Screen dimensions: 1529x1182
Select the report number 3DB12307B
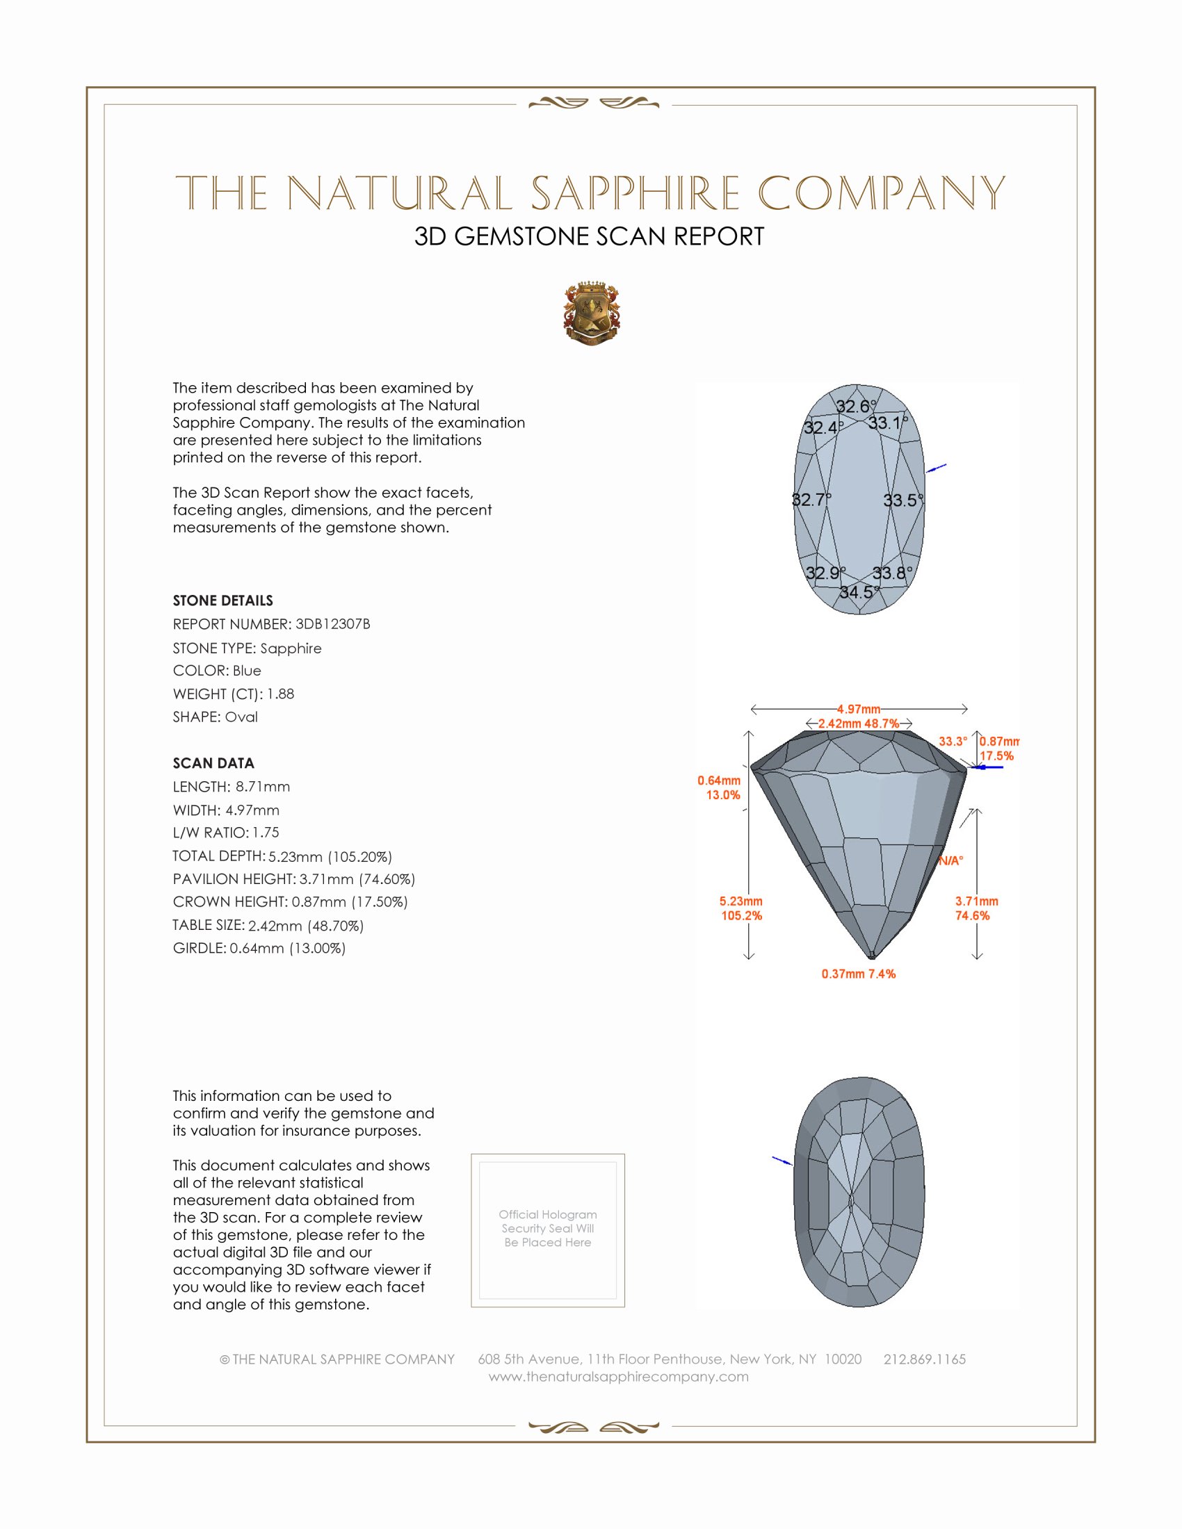(x=332, y=624)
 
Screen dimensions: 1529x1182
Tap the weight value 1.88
(x=280, y=694)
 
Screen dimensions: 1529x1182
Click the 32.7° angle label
(x=811, y=500)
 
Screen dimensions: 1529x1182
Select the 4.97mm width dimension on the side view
(x=859, y=709)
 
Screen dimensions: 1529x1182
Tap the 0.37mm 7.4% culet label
(x=859, y=974)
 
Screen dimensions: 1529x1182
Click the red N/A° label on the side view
(x=951, y=861)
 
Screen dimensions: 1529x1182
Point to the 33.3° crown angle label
(x=953, y=742)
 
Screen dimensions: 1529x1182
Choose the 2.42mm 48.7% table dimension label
(x=859, y=723)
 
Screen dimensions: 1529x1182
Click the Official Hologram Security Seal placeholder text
(x=548, y=1228)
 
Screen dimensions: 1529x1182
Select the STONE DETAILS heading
(x=222, y=600)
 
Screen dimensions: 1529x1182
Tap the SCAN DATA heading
(x=213, y=763)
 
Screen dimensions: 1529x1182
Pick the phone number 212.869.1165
(x=924, y=1359)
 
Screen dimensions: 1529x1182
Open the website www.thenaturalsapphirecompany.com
(x=618, y=1376)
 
